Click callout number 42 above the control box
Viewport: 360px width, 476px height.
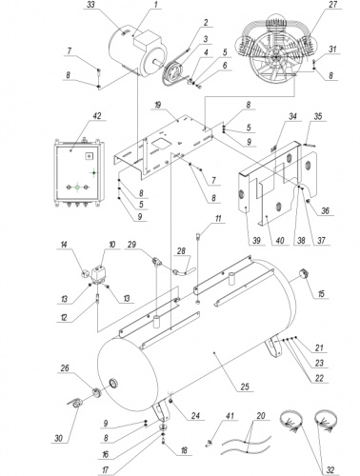coord(96,115)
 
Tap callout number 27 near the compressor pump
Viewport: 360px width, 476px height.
coord(332,5)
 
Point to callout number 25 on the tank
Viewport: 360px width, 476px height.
coord(245,387)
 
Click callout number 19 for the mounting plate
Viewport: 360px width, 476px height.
coord(159,105)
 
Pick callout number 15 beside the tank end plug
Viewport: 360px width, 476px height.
coord(321,293)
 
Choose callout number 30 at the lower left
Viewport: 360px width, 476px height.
coord(59,438)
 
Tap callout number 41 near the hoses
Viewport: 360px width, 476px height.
coord(230,416)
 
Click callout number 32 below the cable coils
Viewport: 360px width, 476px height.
coord(330,469)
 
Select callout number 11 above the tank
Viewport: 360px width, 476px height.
coord(218,219)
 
